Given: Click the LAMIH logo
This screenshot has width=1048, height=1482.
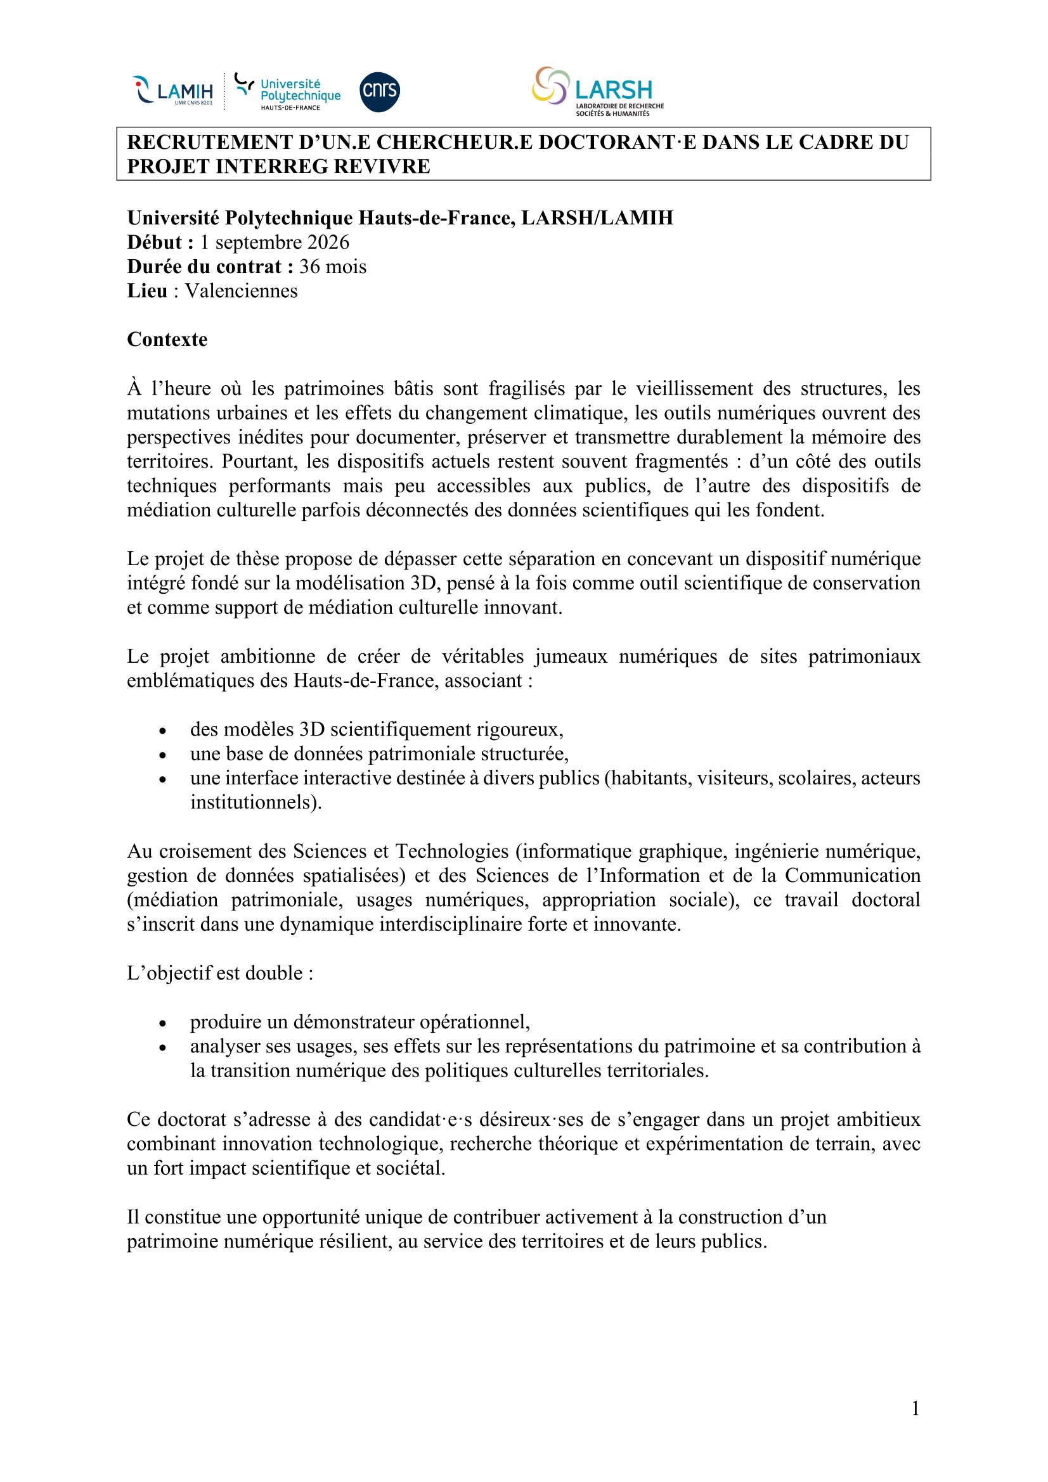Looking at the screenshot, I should coord(172,91).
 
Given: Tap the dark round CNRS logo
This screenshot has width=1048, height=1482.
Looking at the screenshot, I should coord(379,92).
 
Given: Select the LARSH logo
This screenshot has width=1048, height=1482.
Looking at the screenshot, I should coord(598,91).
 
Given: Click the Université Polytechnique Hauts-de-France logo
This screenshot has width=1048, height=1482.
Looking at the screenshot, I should coord(288,92).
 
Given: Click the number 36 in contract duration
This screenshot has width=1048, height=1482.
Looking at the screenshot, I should coord(310,267).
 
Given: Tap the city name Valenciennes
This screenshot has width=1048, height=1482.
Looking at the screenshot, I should coord(241,291).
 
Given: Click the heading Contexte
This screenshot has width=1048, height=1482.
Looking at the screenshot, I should coord(167,340).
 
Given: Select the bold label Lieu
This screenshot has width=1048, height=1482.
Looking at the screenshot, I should coord(146,291).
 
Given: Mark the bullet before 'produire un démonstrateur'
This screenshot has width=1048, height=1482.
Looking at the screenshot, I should coord(163,1024).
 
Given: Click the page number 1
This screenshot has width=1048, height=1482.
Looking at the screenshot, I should coord(915,1409).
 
